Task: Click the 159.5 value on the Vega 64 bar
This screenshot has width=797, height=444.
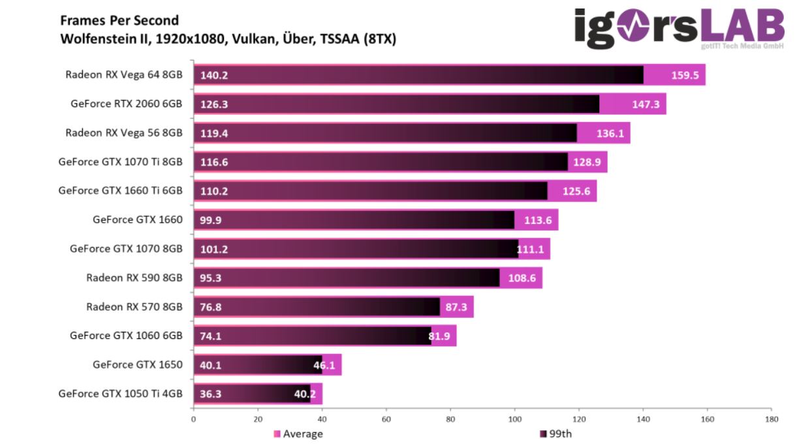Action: [x=685, y=75]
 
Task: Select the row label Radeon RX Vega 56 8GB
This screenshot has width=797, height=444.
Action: [x=123, y=133]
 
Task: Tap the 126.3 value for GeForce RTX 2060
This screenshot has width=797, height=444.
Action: [x=214, y=104]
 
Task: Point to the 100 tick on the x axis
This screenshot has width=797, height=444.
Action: [x=514, y=419]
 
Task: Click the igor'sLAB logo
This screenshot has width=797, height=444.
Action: [x=679, y=29]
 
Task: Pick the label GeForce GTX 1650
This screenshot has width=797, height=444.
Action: [x=137, y=364]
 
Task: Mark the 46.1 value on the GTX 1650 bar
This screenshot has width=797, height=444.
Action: [x=324, y=365]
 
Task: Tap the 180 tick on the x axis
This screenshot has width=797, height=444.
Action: [x=772, y=419]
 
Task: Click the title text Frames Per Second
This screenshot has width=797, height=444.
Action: [x=119, y=21]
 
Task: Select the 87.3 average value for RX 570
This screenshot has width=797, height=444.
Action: [x=456, y=307]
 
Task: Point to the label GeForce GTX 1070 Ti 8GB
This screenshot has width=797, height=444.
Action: [x=120, y=162]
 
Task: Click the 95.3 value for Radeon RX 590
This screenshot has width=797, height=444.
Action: [x=211, y=277]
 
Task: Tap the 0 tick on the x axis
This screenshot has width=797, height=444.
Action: [x=193, y=419]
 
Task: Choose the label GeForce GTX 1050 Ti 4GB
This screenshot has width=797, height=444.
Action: [x=120, y=394]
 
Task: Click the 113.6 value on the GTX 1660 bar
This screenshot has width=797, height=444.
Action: [x=538, y=220]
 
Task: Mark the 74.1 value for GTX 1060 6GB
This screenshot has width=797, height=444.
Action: [x=211, y=336]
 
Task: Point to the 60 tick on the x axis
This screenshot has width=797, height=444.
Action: [x=386, y=419]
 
